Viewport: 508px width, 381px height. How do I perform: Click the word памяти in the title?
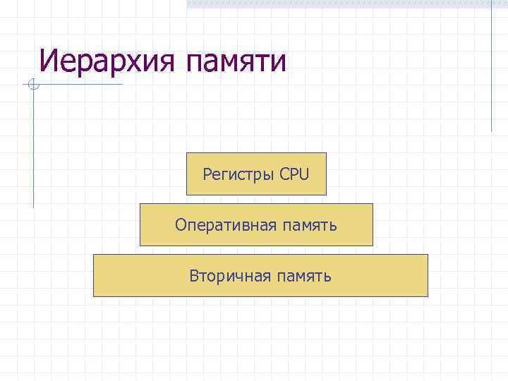coord(237,62)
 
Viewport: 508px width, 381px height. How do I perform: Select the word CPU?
coord(294,173)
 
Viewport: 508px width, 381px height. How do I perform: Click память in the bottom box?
coord(303,276)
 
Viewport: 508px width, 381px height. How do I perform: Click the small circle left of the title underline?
coord(32,85)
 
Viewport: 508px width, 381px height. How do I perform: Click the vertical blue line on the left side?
coord(32,155)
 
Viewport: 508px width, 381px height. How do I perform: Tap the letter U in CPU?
coord(304,173)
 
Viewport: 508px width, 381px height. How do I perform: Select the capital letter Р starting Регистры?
coord(207,174)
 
